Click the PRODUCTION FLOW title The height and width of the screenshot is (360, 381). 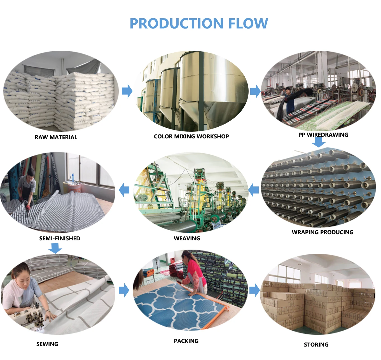pos(199,23)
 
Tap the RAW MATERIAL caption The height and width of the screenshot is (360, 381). pos(56,137)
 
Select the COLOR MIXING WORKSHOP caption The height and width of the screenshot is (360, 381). pos(191,136)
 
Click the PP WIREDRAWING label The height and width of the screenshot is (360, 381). pos(323,135)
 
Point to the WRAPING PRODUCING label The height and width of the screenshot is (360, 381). pos(322,232)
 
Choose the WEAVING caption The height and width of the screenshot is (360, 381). pos(187,238)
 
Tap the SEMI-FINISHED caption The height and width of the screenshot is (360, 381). pos(60,238)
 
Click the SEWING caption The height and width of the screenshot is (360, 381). pos(47,344)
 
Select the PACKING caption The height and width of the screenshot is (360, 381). pos(186,341)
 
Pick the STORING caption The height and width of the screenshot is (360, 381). pos(316,345)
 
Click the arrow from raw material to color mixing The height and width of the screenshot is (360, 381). pos(127,91)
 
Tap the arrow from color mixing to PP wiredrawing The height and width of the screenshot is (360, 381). pos(255,91)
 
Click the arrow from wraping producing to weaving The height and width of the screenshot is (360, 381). pos(253,190)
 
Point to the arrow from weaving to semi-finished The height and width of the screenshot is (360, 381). pos(124,190)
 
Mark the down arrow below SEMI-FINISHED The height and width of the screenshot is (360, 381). pos(55,248)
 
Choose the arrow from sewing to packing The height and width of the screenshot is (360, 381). pos(124,290)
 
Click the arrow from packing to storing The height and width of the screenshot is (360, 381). pos(254,290)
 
